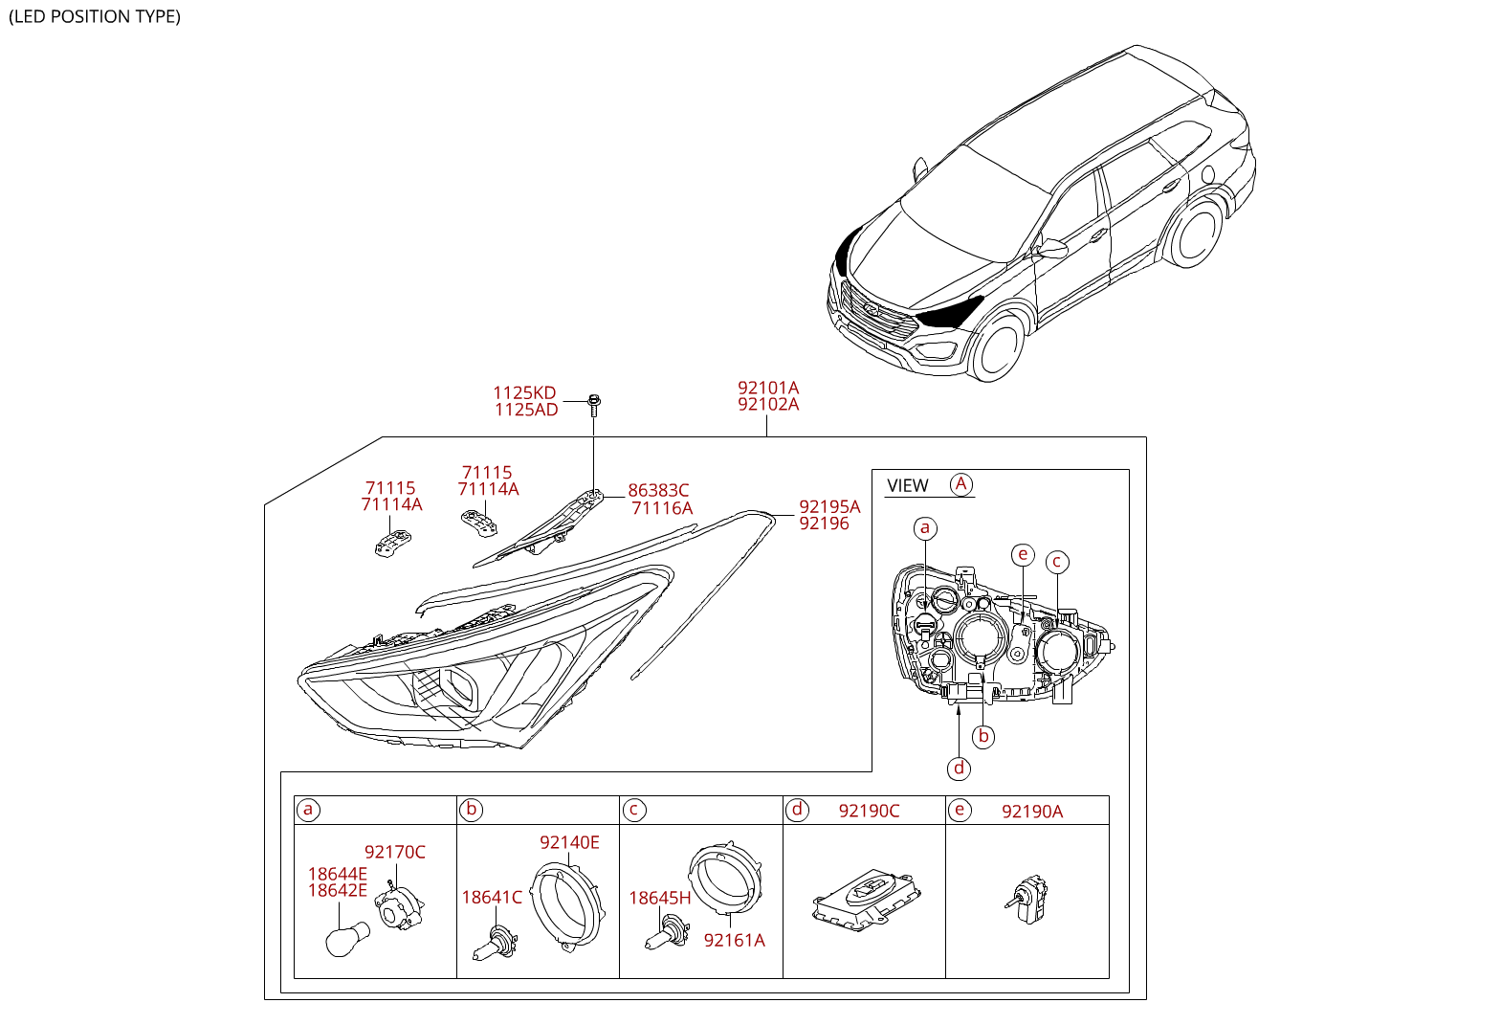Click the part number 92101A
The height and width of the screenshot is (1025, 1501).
[x=768, y=389]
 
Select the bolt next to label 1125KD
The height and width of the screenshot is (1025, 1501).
[x=594, y=406]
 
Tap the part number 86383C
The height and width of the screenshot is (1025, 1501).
[x=658, y=491]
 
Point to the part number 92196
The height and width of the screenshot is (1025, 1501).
[x=824, y=524]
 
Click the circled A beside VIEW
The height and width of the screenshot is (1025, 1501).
[x=960, y=484]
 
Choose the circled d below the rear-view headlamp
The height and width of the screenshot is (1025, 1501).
[x=959, y=769]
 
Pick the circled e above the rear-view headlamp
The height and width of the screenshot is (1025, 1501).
[x=1023, y=554]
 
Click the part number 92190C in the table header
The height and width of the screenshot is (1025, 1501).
[x=869, y=812]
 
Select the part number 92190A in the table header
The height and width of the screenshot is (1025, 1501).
[x=1032, y=812]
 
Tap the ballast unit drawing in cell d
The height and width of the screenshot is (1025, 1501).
[x=867, y=901]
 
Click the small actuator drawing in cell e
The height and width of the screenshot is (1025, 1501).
[x=1026, y=899]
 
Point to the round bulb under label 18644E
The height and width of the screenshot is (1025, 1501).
[x=347, y=938]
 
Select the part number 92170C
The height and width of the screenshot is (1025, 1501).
[x=395, y=852]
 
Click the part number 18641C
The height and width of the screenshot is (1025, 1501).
[x=492, y=898]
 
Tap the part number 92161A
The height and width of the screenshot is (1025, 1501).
[x=734, y=941]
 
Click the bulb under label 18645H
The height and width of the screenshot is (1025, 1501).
[x=668, y=933]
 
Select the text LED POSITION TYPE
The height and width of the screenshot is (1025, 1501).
[x=95, y=16]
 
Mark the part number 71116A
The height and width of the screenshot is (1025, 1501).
[x=662, y=508]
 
